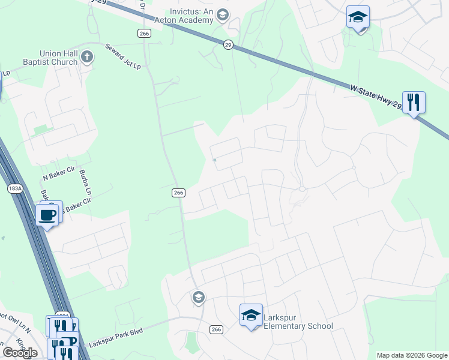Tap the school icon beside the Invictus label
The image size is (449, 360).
click(222, 15)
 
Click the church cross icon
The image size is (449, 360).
click(87, 58)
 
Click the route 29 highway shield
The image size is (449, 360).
click(228, 45)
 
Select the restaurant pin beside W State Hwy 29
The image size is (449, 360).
click(413, 102)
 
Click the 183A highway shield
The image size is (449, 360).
click(16, 188)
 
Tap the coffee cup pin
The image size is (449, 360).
click(47, 214)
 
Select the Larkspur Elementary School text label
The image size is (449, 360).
click(298, 322)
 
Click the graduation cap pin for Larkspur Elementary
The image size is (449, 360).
click(251, 315)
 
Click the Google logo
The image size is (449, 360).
click(20, 353)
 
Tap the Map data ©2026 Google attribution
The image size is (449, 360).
click(412, 355)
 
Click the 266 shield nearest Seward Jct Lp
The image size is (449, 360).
click(143, 34)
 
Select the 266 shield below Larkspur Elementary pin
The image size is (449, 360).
click(217, 329)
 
